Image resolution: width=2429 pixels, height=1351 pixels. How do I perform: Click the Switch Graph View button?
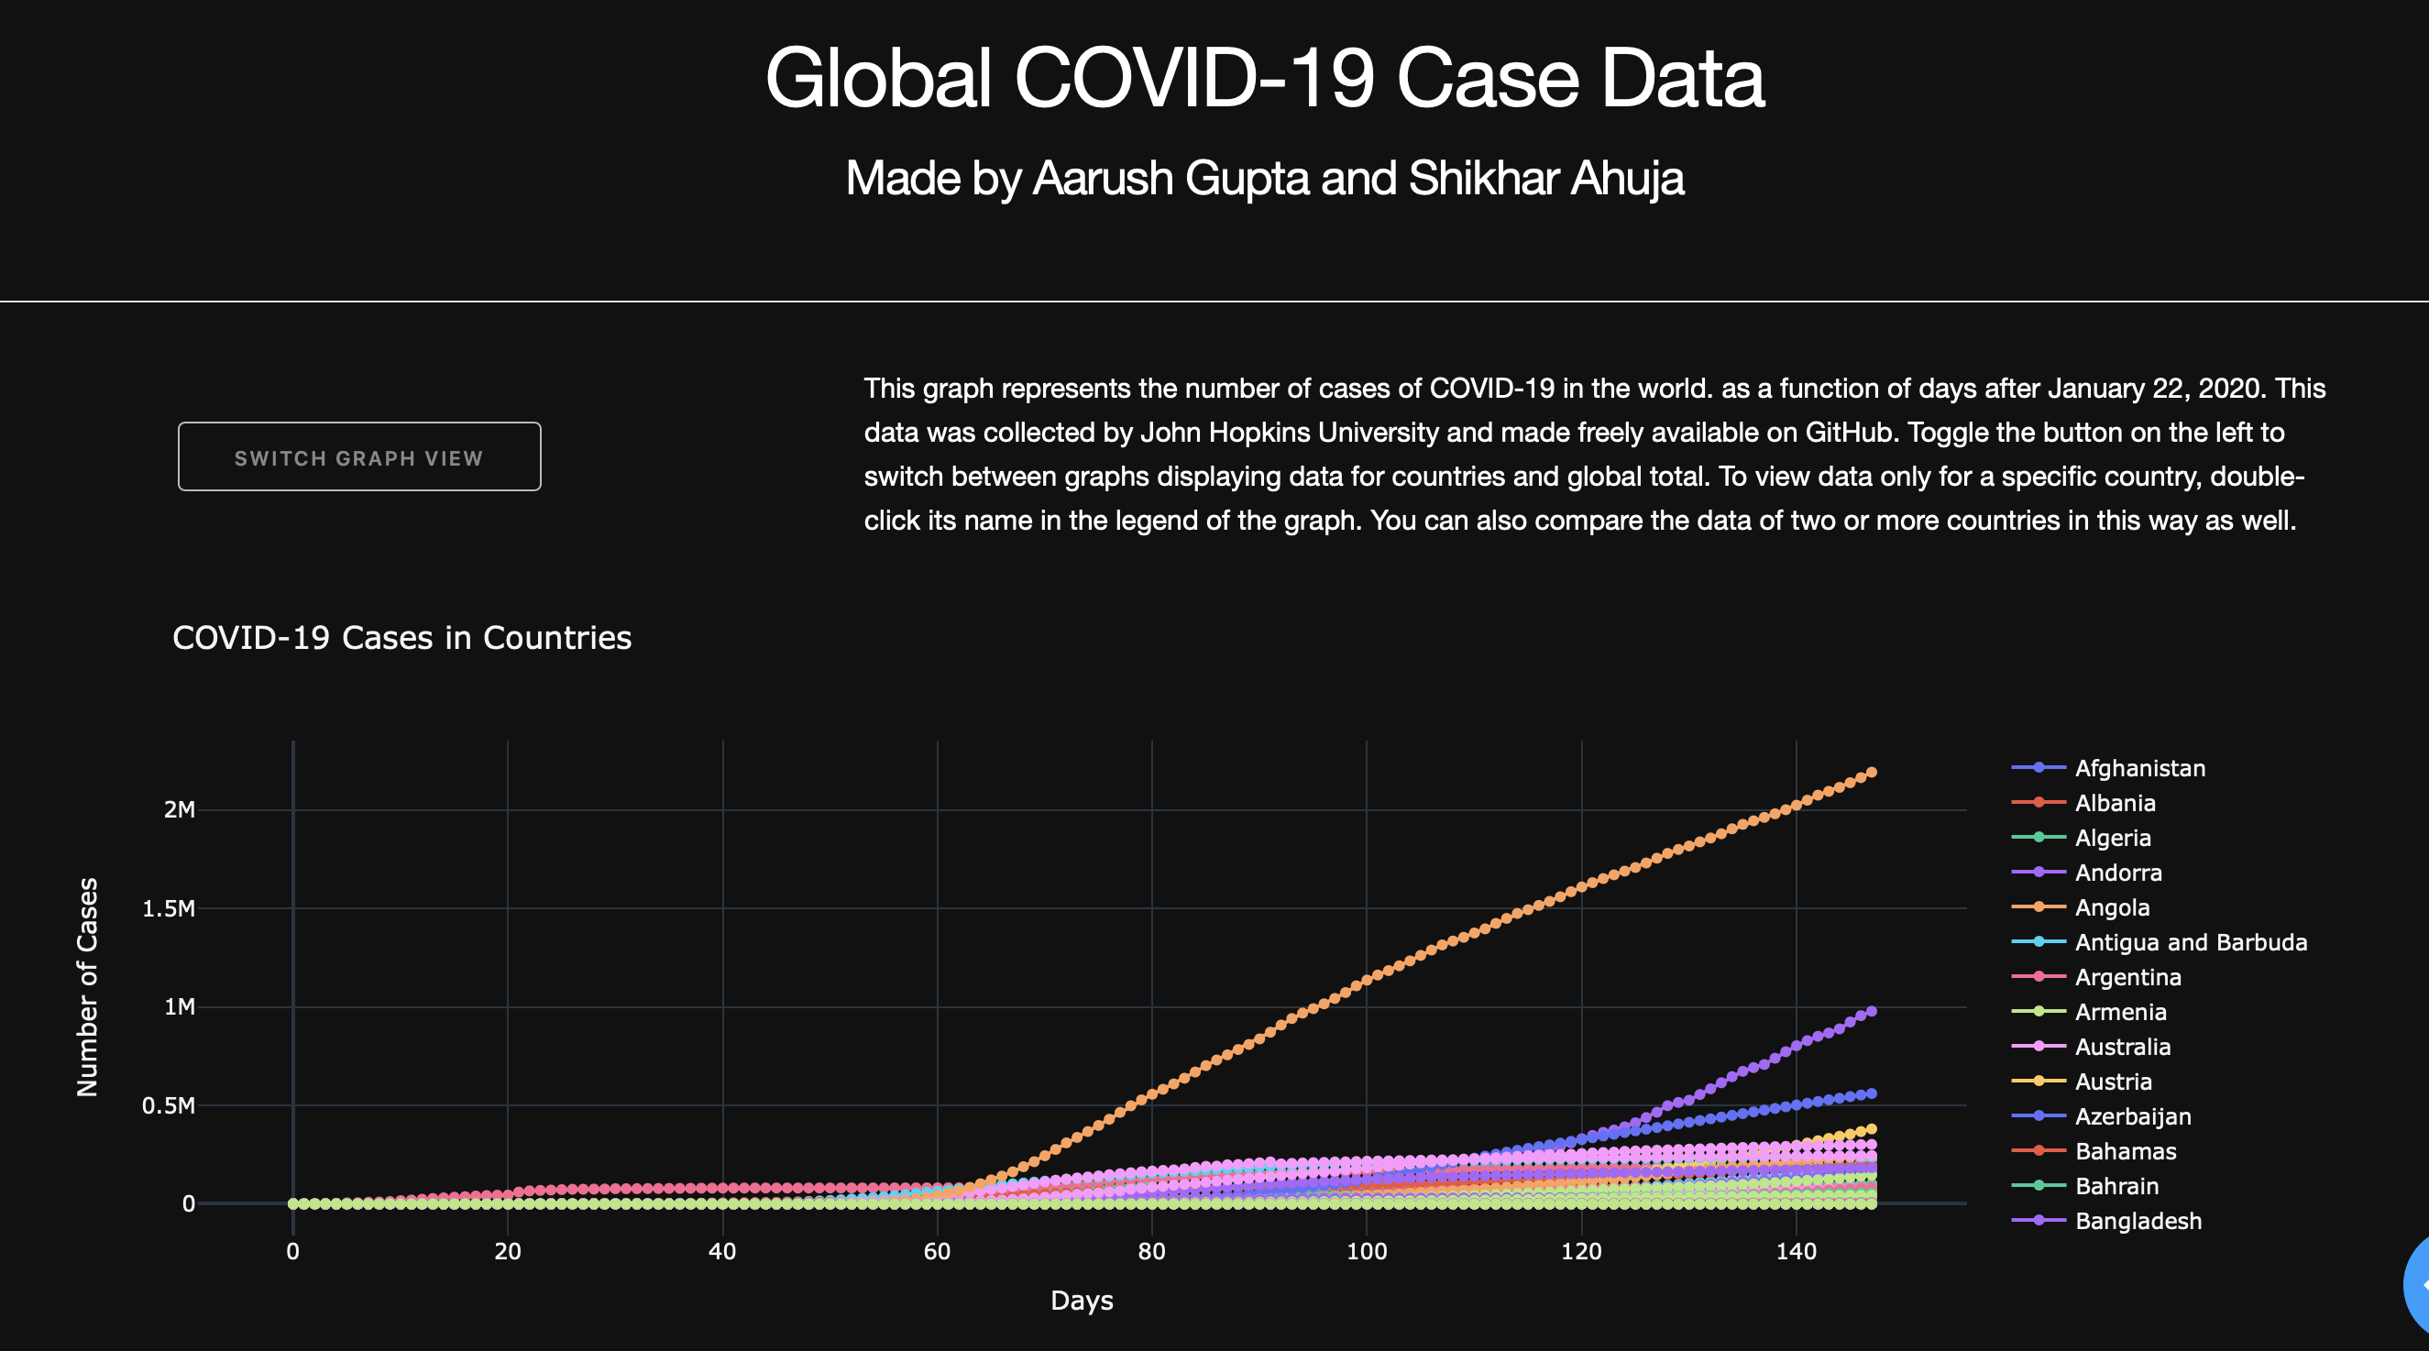359,457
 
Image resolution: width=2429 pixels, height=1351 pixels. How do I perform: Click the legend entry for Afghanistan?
2139,768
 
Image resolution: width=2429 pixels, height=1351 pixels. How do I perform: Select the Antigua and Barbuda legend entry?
2191,943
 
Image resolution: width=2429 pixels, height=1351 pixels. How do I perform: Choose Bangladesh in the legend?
2138,1221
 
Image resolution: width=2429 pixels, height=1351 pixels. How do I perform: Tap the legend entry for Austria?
2113,1082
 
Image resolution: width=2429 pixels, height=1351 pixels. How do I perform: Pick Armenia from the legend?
2120,1012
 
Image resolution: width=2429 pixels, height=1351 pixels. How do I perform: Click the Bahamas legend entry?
2126,1151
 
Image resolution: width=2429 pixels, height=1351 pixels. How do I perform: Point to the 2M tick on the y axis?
179,810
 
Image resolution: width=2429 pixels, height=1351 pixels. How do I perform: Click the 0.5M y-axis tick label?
169,1106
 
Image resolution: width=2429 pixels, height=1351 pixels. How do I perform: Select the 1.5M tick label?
169,909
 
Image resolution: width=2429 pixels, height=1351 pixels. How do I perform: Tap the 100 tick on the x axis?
1367,1252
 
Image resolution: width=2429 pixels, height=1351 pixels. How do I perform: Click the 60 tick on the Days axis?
938,1252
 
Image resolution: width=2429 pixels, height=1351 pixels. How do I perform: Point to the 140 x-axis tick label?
1796,1252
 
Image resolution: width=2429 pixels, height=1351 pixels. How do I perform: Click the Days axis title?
1082,1301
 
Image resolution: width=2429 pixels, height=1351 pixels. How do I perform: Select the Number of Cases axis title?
88,987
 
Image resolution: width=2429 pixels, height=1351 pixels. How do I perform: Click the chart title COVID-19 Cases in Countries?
401,638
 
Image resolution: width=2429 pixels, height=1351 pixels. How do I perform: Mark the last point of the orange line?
1872,772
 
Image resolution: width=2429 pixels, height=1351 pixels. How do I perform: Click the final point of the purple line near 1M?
1872,1012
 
